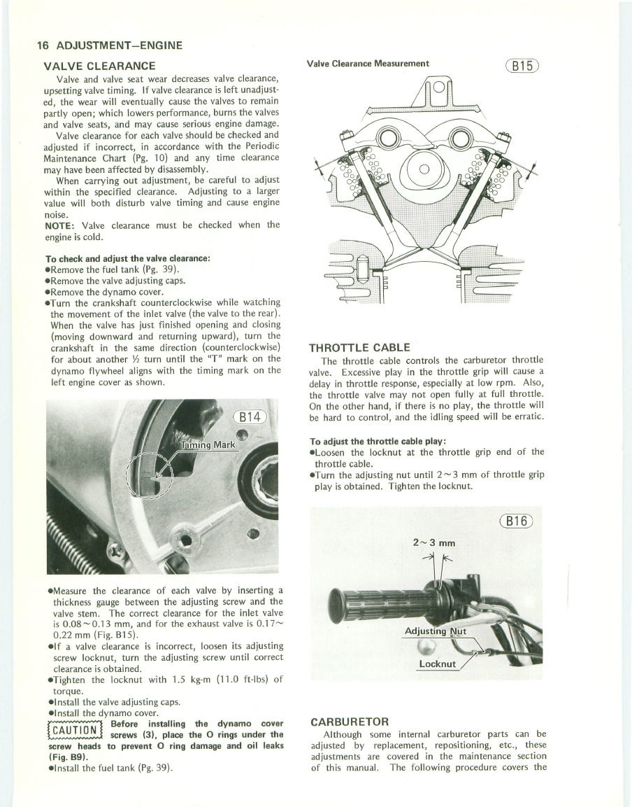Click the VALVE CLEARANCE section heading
tap(99, 66)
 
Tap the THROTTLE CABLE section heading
tap(359, 348)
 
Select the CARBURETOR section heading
tap(350, 721)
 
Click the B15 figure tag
tap(522, 66)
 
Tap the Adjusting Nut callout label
tap(436, 632)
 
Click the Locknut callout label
tap(437, 664)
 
